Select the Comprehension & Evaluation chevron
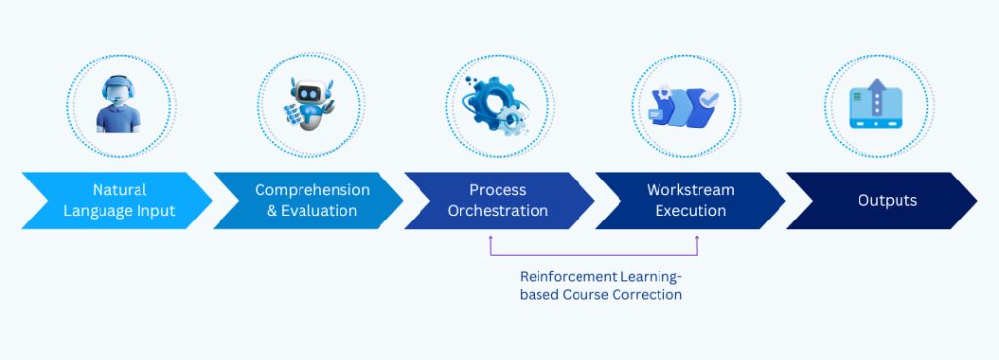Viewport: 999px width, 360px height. [307, 200]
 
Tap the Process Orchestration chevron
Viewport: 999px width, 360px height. [498, 200]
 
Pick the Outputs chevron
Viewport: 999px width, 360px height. [883, 200]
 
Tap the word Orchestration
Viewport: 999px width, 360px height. [498, 210]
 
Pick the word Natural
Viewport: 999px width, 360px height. [119, 190]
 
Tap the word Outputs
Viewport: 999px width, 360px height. [887, 200]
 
